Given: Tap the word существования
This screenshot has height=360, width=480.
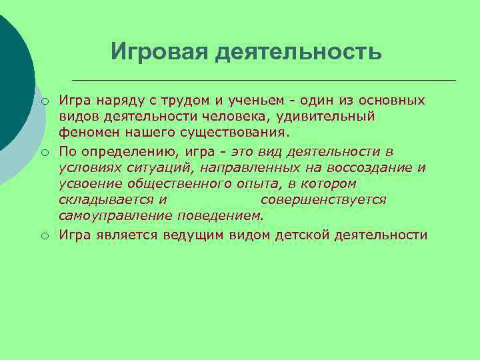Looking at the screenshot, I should [225, 133].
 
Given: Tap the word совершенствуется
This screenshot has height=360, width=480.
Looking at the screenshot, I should [323, 199].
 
